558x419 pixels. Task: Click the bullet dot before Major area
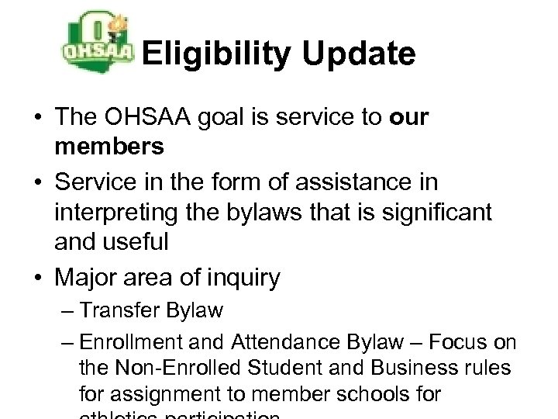coord(37,277)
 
